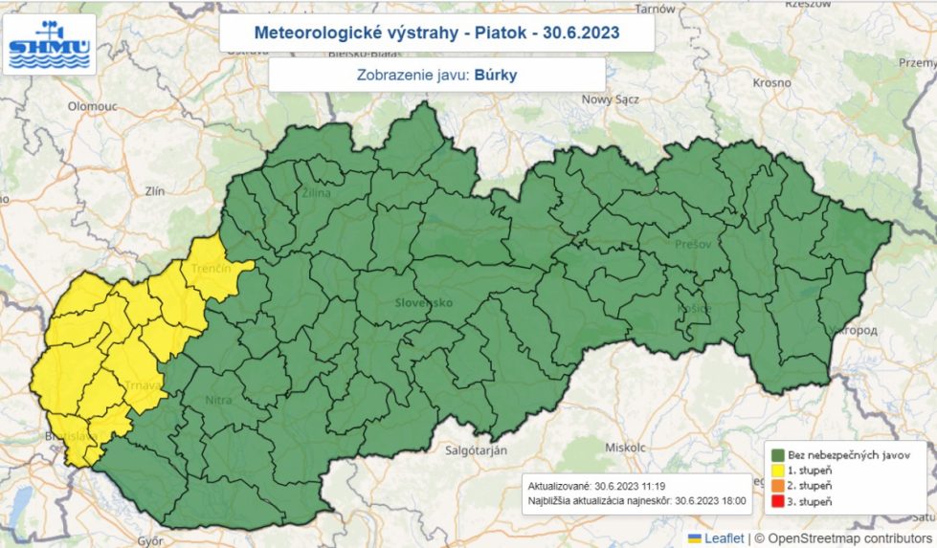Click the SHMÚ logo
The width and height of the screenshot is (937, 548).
click(50, 44)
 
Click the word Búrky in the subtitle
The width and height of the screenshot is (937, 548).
click(495, 75)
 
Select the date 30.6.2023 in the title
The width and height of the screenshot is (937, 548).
click(581, 33)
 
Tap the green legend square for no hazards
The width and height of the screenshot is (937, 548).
click(778, 454)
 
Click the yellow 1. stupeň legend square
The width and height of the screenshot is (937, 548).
click(778, 470)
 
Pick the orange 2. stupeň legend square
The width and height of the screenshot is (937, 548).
click(778, 486)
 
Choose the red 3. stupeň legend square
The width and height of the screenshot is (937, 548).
click(778, 501)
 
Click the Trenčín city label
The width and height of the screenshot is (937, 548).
click(212, 271)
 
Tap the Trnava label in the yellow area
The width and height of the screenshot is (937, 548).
click(141, 385)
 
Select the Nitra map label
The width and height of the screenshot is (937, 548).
click(217, 401)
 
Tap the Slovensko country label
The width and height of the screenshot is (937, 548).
click(423, 303)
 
